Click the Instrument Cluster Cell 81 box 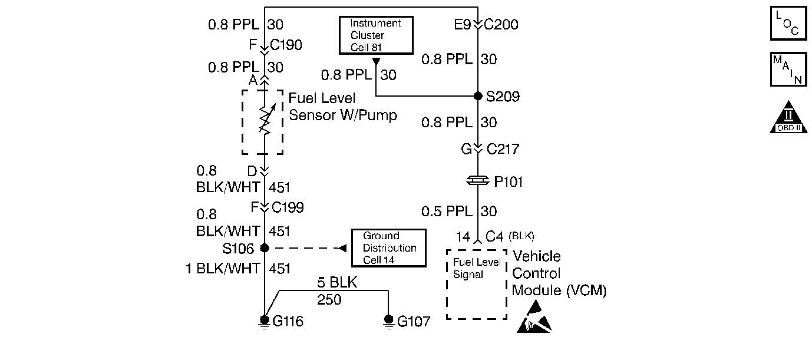pos(375,35)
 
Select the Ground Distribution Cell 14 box pos(389,248)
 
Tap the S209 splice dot pos(478,96)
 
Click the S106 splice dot pos(265,248)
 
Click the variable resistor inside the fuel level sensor pos(265,120)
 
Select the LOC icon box pos(788,23)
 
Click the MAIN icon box pos(788,69)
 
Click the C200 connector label pos(501,25)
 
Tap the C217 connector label pos(503,150)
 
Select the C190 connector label pos(286,45)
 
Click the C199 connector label pos(288,207)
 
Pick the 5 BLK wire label pos(337,282)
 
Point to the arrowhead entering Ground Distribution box pos(342,248)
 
